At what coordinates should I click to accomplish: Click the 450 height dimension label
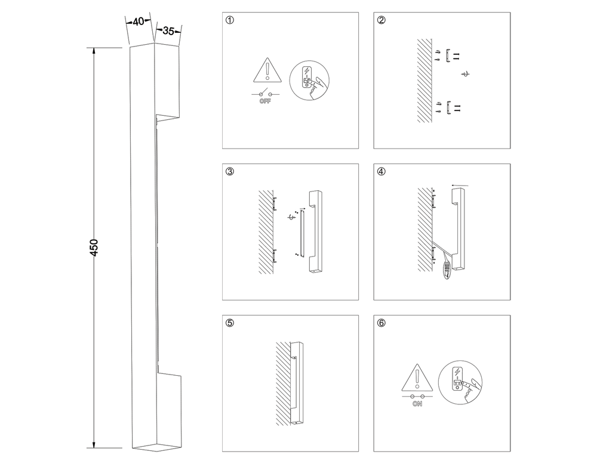94,248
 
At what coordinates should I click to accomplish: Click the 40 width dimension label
138,21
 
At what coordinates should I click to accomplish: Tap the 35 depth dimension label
168,32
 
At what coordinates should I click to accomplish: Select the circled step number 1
230,20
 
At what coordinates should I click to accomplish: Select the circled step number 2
381,20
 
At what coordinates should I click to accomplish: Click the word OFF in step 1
266,102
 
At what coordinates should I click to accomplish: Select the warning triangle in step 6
417,378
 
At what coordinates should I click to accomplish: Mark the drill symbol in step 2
466,74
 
